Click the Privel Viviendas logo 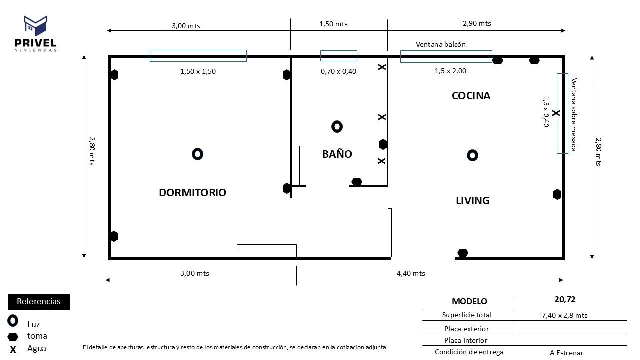[35, 33]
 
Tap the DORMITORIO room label [192, 193]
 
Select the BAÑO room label [337, 154]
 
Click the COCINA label [471, 96]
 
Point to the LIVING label [472, 201]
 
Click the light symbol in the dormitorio [197, 154]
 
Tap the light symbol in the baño [337, 127]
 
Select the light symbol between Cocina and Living [472, 156]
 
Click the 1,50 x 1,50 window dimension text [198, 71]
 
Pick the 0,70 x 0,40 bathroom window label [338, 71]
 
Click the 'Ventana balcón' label [440, 44]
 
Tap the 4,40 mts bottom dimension [411, 273]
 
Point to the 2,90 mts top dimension [477, 23]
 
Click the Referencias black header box [39, 302]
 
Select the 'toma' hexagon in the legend [13, 336]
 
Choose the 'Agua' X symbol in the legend [13, 349]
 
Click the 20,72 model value [565, 300]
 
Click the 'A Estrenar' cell [566, 353]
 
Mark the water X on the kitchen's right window [556, 114]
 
